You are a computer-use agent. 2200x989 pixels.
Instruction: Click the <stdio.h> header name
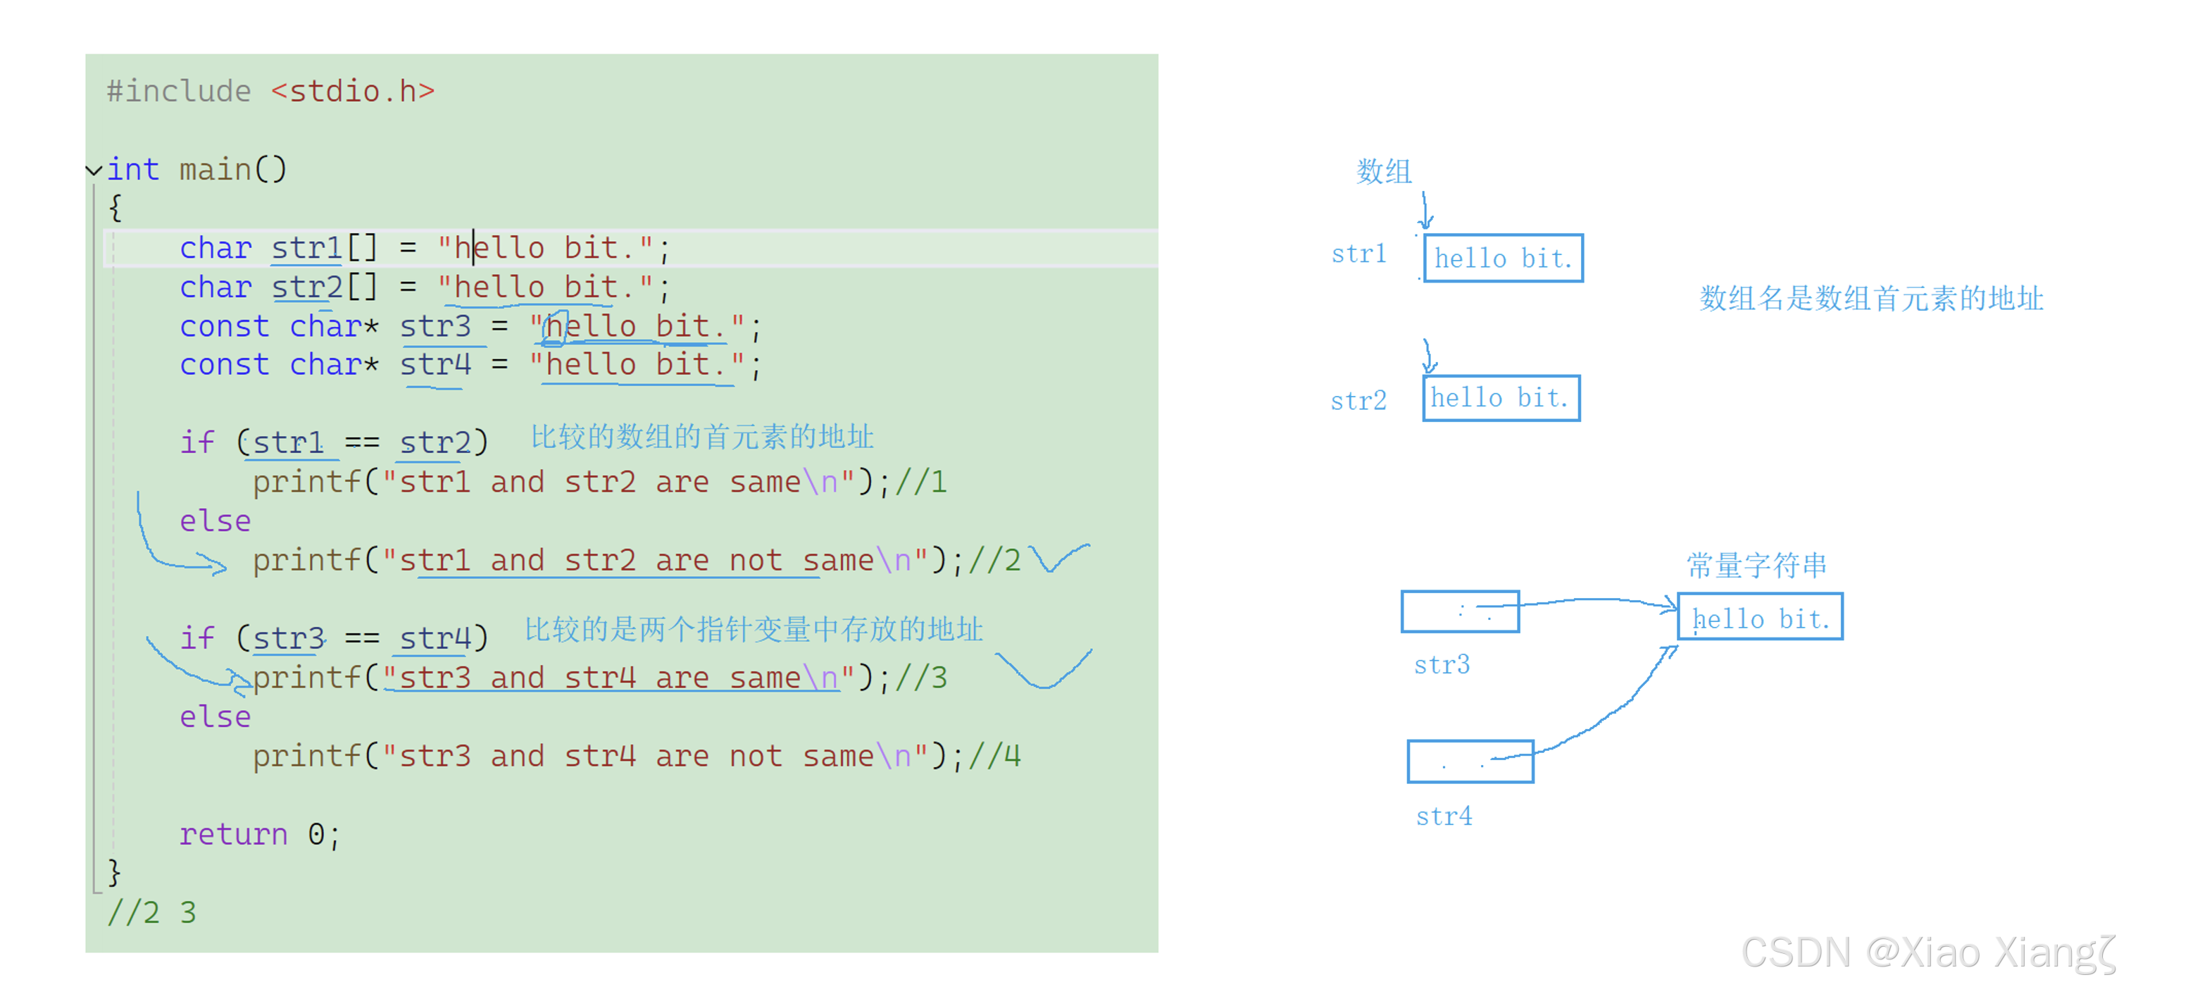tap(352, 92)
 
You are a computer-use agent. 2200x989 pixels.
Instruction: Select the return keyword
tap(232, 833)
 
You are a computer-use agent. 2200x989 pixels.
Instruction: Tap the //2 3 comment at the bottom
tap(151, 912)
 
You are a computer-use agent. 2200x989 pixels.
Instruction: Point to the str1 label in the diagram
tap(1358, 254)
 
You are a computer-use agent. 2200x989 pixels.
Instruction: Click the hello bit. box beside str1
tap(1502, 258)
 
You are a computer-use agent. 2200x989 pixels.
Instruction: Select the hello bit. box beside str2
tap(1501, 398)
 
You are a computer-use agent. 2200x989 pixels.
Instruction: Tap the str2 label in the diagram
tap(1358, 401)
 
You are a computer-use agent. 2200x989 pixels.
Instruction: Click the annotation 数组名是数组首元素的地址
tap(1870, 299)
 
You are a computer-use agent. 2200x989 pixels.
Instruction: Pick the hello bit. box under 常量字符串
tap(1759, 618)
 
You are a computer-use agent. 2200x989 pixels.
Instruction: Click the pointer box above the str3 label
tap(1460, 611)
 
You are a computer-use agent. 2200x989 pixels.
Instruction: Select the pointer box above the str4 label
tap(1470, 761)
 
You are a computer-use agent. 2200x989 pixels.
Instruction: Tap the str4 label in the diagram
tap(1444, 816)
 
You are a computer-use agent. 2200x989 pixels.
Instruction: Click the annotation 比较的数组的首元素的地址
tap(701, 437)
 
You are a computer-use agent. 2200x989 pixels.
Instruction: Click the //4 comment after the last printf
tap(994, 756)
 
